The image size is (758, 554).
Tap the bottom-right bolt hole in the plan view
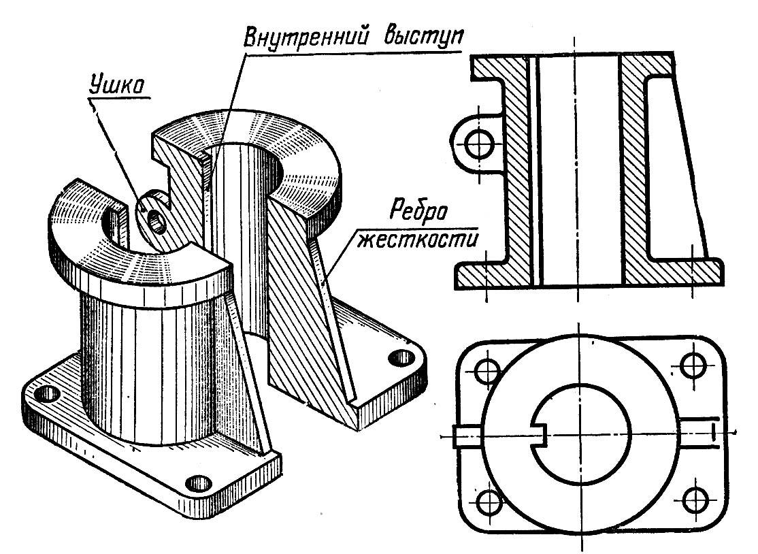(695, 502)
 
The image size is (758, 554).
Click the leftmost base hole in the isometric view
(47, 393)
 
